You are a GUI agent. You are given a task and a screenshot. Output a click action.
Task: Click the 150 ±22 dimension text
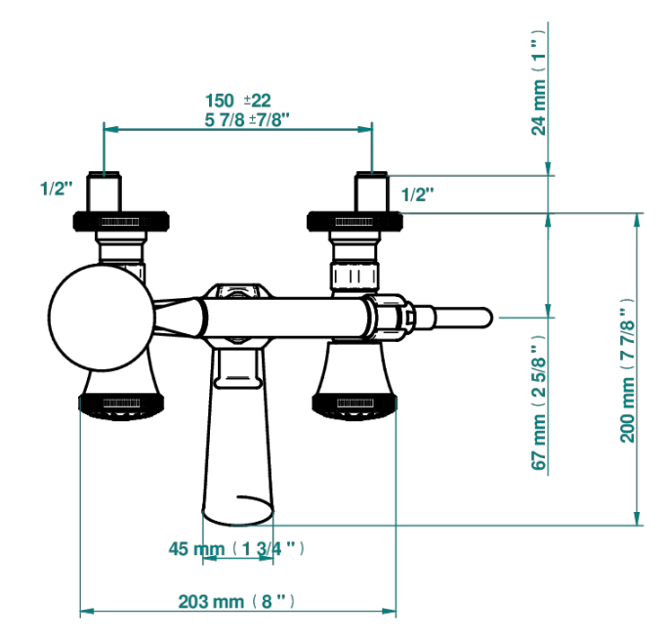238,101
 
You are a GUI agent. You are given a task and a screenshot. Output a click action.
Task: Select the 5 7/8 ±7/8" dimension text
247,120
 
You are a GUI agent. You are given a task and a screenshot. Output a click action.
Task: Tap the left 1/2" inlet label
57,189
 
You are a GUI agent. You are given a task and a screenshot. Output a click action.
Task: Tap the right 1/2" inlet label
418,194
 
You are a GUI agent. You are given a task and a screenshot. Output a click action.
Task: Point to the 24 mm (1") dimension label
538,83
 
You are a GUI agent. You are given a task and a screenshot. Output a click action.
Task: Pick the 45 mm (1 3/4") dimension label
237,548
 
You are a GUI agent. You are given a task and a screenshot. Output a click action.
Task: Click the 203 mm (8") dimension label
236,602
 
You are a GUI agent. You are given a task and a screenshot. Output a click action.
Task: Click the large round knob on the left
102,317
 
